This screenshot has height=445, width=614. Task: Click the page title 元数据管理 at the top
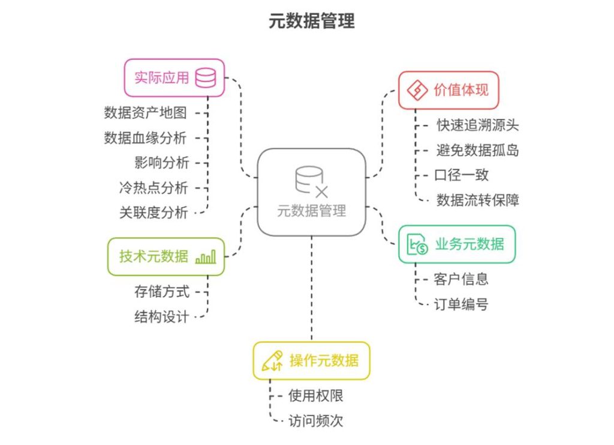(312, 21)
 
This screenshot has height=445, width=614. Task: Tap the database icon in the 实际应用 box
(206, 77)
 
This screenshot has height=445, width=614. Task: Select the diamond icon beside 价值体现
(417, 90)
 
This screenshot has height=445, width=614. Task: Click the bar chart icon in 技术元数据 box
(206, 257)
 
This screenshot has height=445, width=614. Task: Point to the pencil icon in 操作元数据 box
(272, 361)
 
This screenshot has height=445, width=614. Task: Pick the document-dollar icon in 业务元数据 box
(417, 244)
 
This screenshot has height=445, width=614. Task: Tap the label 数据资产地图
(145, 113)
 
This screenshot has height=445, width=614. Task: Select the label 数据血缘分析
(145, 138)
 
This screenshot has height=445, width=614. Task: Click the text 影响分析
(162, 163)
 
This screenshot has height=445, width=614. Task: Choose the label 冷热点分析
(153, 188)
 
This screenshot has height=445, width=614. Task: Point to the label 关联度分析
(153, 213)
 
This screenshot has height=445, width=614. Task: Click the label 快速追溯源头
(478, 126)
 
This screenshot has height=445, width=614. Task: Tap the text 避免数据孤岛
(478, 150)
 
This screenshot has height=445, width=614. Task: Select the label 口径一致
(462, 175)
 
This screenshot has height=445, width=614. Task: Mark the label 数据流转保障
(478, 201)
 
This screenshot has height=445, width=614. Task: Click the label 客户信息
(461, 279)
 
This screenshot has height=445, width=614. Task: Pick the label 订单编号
(461, 304)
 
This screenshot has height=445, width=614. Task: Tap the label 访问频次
(315, 421)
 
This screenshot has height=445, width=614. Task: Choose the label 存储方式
(162, 292)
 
